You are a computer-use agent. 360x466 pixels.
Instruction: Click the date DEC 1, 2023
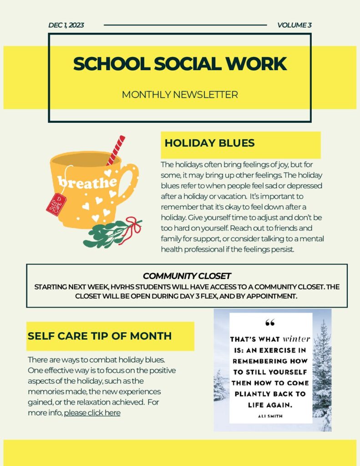tap(66, 25)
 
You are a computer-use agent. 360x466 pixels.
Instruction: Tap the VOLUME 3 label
tap(294, 25)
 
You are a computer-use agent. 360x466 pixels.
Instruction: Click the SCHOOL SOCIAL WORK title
tap(180, 64)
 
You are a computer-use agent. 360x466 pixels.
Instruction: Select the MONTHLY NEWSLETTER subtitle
tap(180, 95)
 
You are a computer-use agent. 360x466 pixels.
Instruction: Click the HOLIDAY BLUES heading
tap(209, 143)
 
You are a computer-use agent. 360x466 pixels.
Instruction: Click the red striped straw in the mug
tap(116, 149)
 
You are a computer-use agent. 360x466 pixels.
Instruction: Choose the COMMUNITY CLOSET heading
tap(187, 276)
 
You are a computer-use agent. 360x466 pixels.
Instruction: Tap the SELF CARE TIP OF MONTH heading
tap(100, 336)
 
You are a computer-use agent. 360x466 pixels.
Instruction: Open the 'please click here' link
tap(92, 413)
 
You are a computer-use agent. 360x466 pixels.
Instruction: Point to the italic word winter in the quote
tap(296, 339)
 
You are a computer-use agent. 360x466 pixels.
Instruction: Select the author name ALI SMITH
tap(270, 415)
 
